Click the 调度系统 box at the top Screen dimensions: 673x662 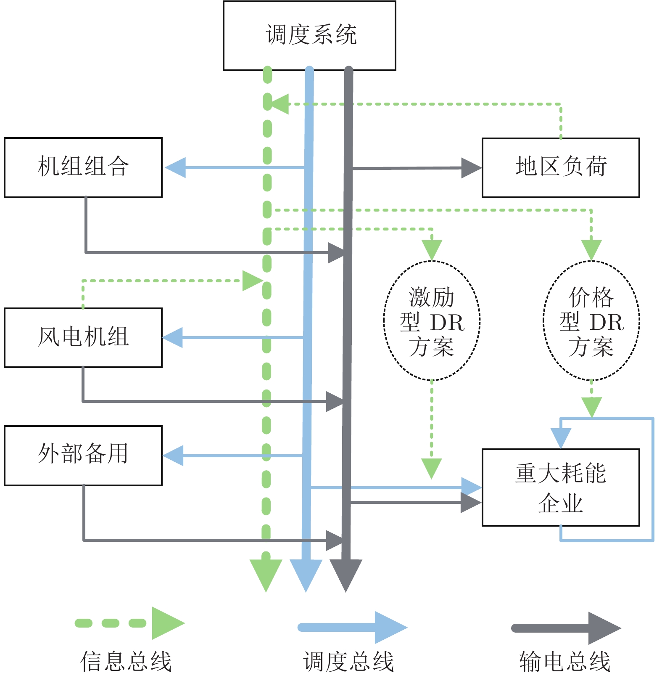(309, 35)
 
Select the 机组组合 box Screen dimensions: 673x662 (83, 167)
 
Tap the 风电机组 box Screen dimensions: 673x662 (83, 338)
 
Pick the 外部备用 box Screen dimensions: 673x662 (83, 456)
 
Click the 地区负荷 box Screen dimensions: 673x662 (561, 167)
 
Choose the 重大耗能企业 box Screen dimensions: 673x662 (561, 488)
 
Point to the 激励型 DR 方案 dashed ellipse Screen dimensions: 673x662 (432, 321)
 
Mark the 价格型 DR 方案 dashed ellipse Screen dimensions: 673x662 (591, 321)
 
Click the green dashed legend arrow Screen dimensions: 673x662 (130, 623)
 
